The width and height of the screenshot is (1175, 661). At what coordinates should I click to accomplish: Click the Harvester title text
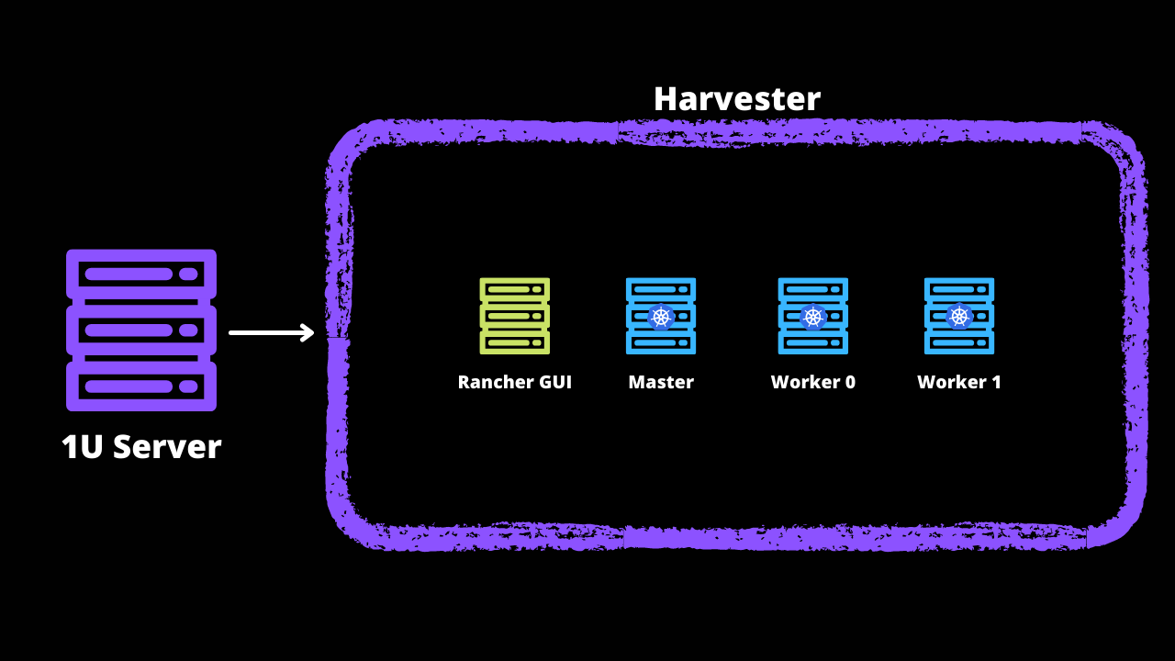pyautogui.click(x=736, y=99)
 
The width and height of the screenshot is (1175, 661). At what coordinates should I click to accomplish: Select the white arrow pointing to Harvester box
pyautogui.click(x=272, y=332)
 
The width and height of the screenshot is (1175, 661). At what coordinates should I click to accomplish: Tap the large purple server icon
pyautogui.click(x=141, y=330)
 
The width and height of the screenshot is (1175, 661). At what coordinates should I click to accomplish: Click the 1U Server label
pyautogui.click(x=141, y=447)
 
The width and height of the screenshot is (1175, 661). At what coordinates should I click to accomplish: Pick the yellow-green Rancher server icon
pyautogui.click(x=514, y=316)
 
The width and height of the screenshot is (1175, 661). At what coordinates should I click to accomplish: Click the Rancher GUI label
pyautogui.click(x=514, y=382)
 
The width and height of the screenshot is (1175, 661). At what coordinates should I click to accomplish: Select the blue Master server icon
pyautogui.click(x=661, y=316)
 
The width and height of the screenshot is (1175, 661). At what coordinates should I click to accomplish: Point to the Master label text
pyautogui.click(x=661, y=382)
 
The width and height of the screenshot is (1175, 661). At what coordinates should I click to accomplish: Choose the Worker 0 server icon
pyautogui.click(x=812, y=316)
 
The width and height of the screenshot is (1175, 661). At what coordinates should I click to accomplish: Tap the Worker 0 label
pyautogui.click(x=812, y=382)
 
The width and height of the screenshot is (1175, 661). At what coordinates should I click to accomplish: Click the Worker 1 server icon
pyautogui.click(x=959, y=316)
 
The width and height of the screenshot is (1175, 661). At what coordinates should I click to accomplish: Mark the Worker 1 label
pyautogui.click(x=959, y=382)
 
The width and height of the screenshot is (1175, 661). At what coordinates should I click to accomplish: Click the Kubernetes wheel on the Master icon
pyautogui.click(x=661, y=318)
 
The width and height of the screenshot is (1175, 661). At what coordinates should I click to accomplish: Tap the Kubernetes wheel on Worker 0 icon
pyautogui.click(x=812, y=318)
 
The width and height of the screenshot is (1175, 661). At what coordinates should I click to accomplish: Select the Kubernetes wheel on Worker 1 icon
pyautogui.click(x=959, y=317)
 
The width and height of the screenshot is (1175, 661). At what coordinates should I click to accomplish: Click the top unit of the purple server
pyautogui.click(x=141, y=274)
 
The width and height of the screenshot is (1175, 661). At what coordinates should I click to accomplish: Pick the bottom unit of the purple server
pyautogui.click(x=141, y=386)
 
